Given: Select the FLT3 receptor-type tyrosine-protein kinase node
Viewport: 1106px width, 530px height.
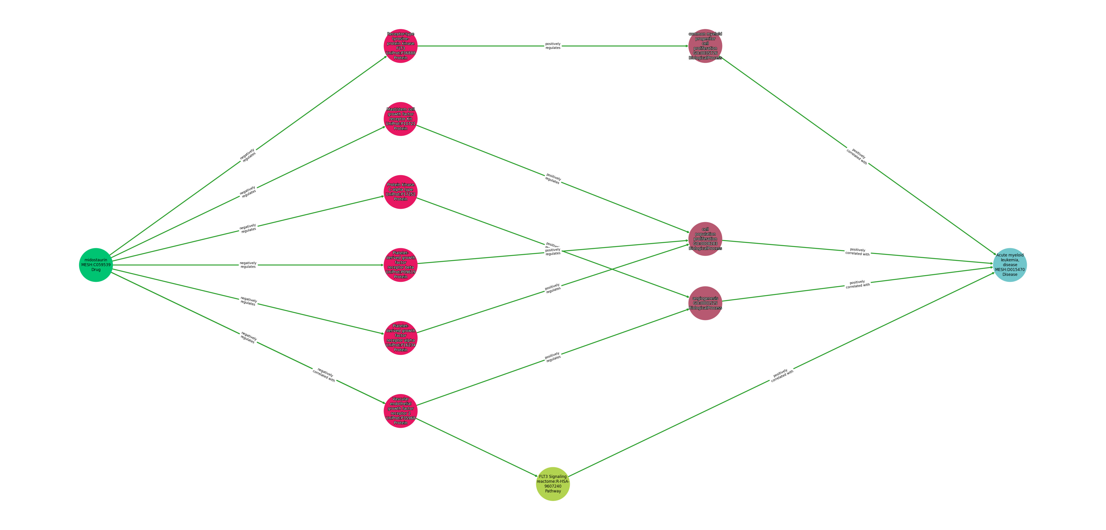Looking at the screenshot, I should (401, 46).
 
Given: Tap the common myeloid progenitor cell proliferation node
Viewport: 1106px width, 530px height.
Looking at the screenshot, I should (705, 46).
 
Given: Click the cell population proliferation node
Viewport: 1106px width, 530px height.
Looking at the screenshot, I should (705, 239).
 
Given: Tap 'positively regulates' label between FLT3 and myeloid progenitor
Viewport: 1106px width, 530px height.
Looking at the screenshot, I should (553, 46).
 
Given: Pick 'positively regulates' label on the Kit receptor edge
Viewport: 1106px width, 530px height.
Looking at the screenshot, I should (553, 179).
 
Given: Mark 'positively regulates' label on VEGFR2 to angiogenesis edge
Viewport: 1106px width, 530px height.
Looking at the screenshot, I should (553, 357).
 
